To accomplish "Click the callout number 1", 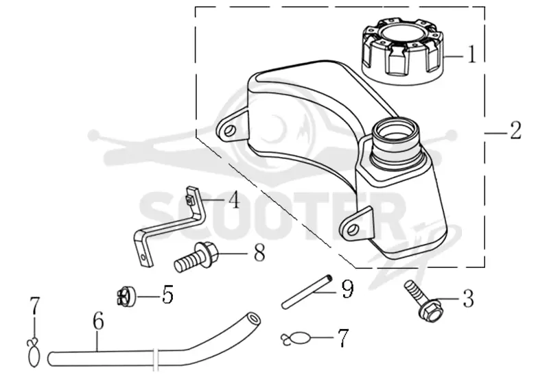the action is coord(472,55).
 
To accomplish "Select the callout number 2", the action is coord(515,130).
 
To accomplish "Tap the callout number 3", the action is coord(469,298).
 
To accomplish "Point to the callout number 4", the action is coord(234,200).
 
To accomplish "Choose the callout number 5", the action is coord(167,295).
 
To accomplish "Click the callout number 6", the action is coord(98,321).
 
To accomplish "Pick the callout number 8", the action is coord(259,252).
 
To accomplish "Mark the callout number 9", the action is coord(347,289).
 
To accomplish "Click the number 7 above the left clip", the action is coord(35,306).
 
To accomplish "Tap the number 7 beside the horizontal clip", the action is coord(343,338).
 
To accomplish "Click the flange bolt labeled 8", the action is coord(196,257).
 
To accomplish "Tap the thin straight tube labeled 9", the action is coord(307,291).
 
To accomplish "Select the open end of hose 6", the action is coord(253,319).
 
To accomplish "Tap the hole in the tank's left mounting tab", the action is coord(229,131).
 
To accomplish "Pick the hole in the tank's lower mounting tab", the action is coord(353,229).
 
